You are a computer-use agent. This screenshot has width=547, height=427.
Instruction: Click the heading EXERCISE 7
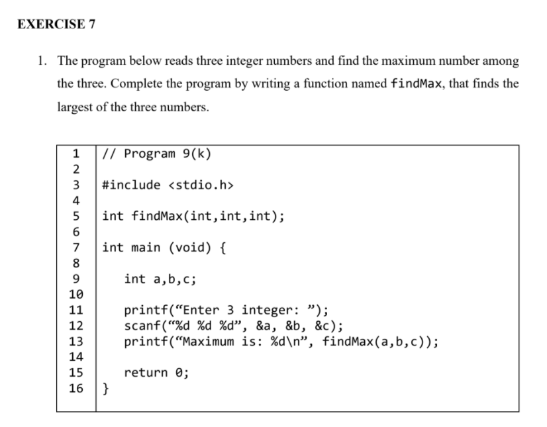click(x=56, y=24)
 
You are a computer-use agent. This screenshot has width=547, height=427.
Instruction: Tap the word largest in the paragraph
click(x=77, y=108)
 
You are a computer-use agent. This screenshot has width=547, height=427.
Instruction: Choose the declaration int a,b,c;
click(x=160, y=279)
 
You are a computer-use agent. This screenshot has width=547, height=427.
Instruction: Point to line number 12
click(x=75, y=326)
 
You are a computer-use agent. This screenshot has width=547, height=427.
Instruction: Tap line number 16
click(x=75, y=388)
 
